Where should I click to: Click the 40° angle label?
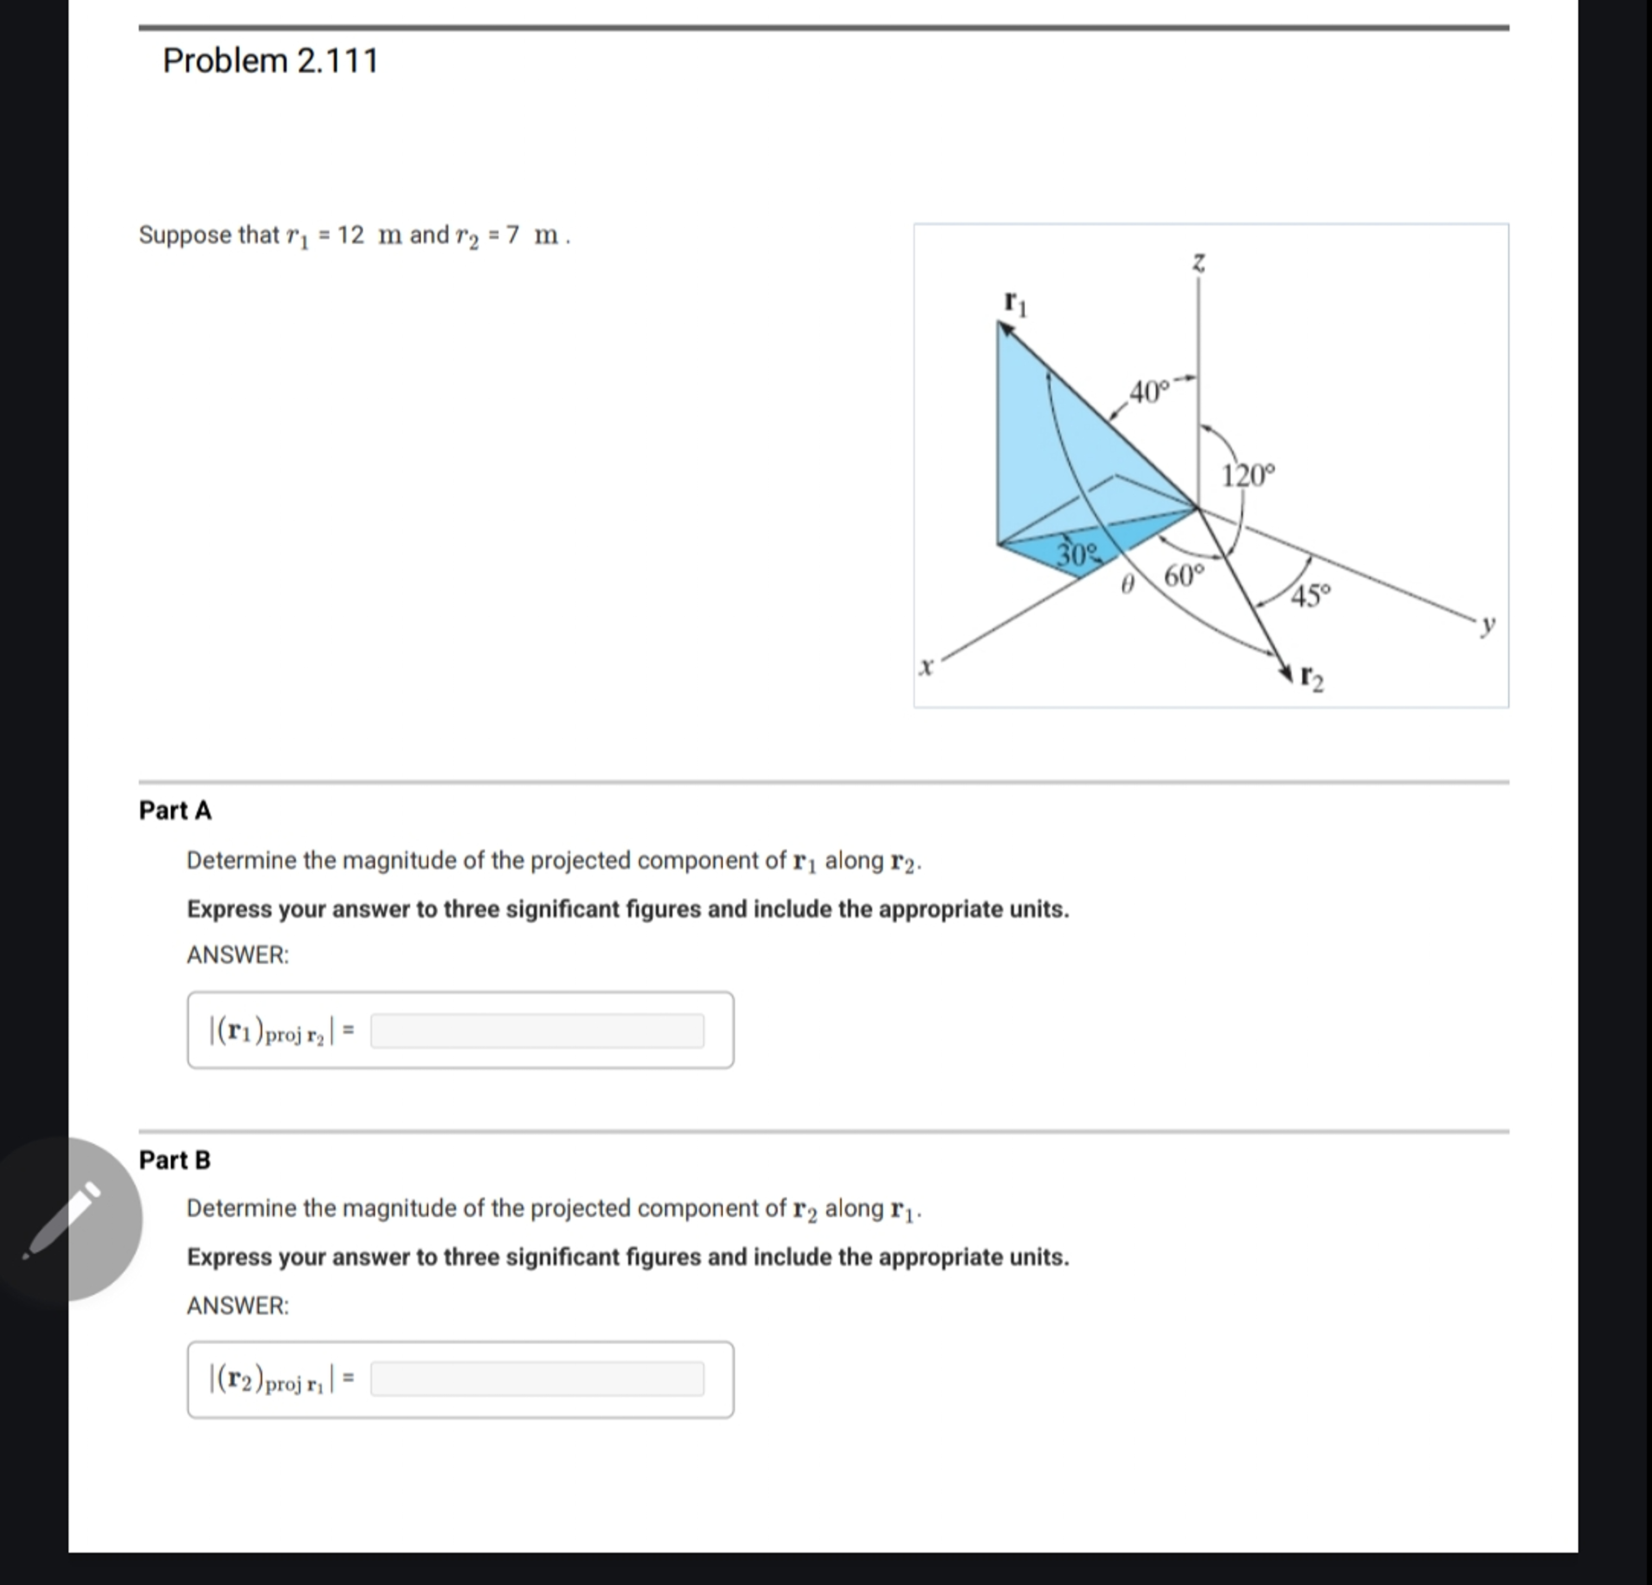tap(1149, 392)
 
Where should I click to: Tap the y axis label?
tap(1488, 625)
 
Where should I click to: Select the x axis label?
tap(925, 667)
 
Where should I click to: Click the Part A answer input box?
tap(537, 1030)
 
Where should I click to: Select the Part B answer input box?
tap(537, 1378)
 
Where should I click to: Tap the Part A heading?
tap(175, 810)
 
